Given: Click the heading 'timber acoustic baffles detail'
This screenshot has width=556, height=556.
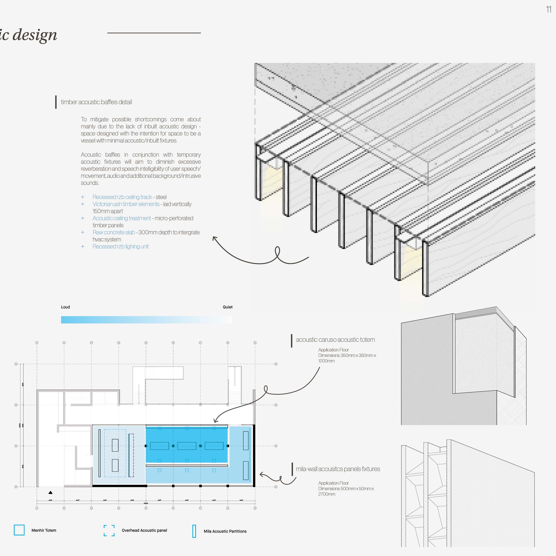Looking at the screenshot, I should click(96, 102).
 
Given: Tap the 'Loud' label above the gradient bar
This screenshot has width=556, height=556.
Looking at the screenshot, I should click(65, 307).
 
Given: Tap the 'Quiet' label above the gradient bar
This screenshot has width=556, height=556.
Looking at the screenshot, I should click(227, 307).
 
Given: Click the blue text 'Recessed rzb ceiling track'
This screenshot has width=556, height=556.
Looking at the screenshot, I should click(122, 197).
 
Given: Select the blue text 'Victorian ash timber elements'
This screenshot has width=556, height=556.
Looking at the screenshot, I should click(126, 204).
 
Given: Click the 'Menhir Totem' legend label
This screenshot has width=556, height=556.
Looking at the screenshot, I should click(44, 530).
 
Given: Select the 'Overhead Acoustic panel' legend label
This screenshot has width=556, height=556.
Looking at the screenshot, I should click(144, 530).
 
